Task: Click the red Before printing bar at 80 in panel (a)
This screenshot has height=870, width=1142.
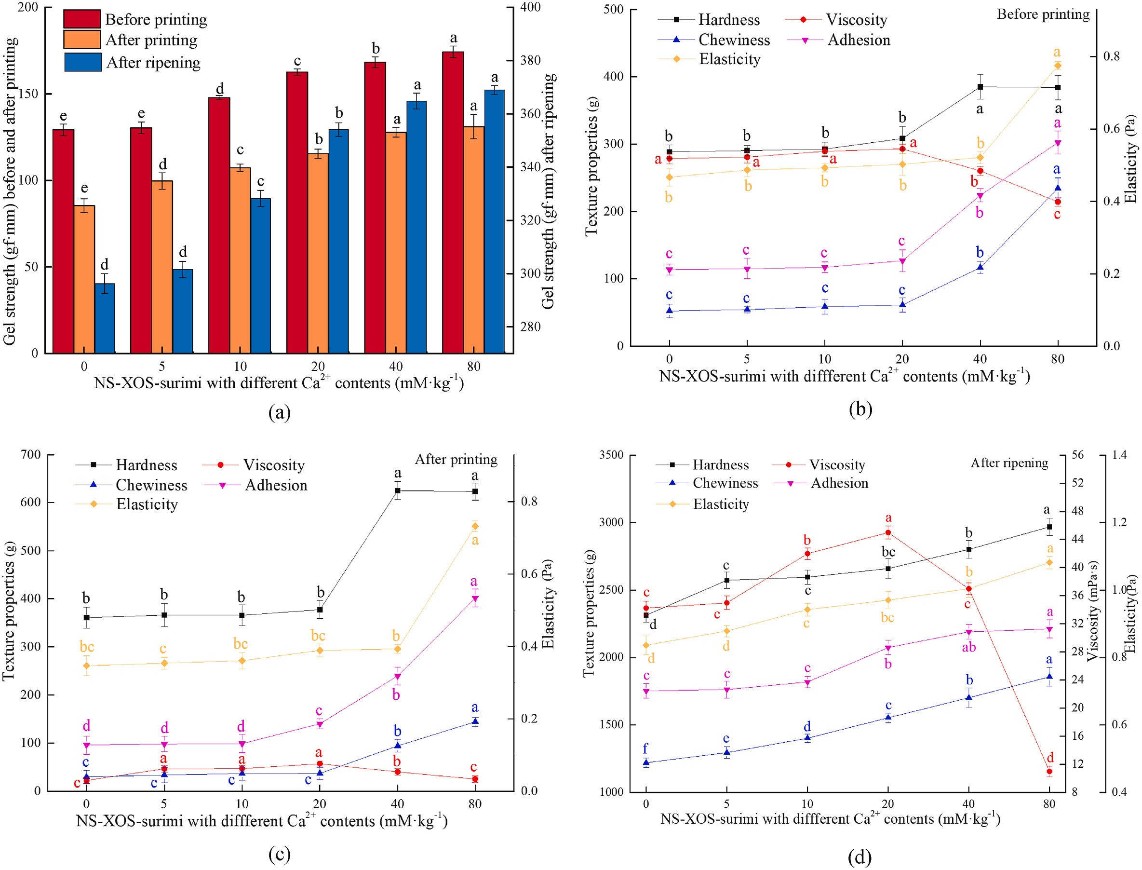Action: click(453, 202)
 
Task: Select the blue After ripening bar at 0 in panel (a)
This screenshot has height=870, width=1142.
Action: click(105, 318)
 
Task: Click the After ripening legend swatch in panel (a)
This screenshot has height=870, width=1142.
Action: click(83, 62)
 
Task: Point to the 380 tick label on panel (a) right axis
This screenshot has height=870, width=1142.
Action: click(531, 61)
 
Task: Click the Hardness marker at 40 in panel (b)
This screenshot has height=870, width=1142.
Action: click(980, 87)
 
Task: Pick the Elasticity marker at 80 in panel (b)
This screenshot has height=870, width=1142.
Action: click(1057, 65)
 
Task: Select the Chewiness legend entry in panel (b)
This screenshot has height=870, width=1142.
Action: click(734, 40)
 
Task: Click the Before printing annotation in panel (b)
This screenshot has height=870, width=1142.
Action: click(1043, 14)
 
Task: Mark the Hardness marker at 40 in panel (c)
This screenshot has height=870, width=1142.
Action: click(397, 490)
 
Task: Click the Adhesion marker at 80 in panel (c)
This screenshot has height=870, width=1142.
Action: click(475, 598)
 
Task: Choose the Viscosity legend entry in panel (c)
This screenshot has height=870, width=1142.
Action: click(273, 465)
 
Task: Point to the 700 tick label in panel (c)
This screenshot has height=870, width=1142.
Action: click(30, 455)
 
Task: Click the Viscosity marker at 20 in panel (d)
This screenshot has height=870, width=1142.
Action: click(888, 532)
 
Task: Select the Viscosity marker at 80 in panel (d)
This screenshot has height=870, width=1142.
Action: click(1049, 772)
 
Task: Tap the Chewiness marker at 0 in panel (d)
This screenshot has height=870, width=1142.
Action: click(646, 762)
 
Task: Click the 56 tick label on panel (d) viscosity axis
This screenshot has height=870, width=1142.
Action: click(1078, 455)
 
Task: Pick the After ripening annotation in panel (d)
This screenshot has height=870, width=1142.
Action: click(1009, 463)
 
